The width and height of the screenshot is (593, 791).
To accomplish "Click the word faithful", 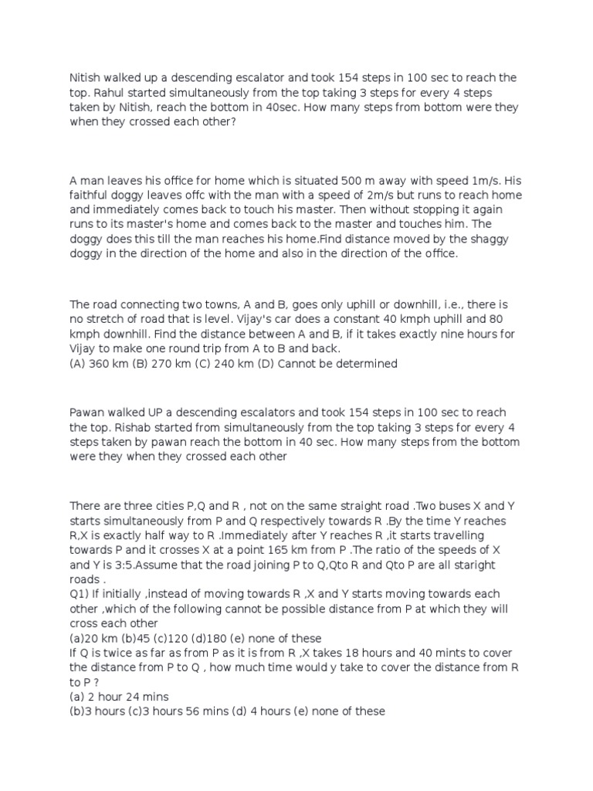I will [x=89, y=196].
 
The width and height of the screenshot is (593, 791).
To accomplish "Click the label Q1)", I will [x=80, y=594].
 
